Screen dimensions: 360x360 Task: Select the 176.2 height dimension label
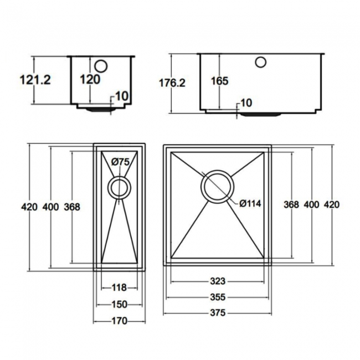(172, 83)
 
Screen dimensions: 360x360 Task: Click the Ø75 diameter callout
(120, 162)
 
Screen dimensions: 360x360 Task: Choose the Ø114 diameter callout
(250, 203)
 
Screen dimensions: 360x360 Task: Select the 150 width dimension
(119, 304)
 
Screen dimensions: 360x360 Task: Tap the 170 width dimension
(119, 321)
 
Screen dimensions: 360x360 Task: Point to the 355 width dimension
(218, 297)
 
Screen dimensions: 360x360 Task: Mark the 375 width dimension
(218, 313)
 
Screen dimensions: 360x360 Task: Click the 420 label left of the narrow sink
(29, 207)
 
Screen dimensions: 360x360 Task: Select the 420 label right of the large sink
(331, 204)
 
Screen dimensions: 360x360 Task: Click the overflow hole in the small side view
(101, 65)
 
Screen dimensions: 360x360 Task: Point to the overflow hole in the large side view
(261, 61)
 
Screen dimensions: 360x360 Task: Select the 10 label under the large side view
(246, 102)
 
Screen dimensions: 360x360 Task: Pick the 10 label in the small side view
(122, 96)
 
